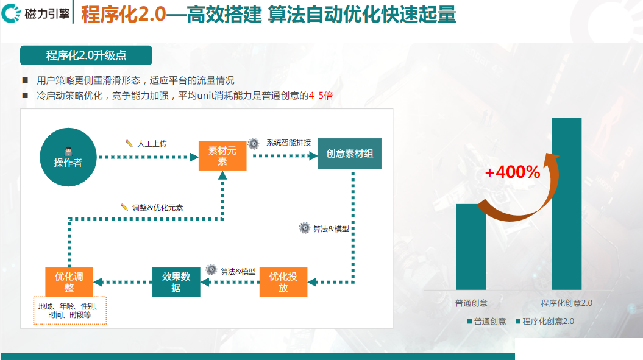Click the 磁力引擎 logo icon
point(13,14)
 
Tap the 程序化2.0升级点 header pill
point(86,55)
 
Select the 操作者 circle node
point(68,157)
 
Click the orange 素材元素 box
point(222,156)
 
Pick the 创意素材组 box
point(350,154)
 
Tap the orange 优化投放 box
point(283,283)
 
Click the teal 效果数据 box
point(176,283)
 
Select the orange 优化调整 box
point(69,283)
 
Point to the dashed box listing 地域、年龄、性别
point(69,311)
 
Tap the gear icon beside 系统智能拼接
point(254,143)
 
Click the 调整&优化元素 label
point(157,207)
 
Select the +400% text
point(513,172)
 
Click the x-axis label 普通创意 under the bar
point(471,303)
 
